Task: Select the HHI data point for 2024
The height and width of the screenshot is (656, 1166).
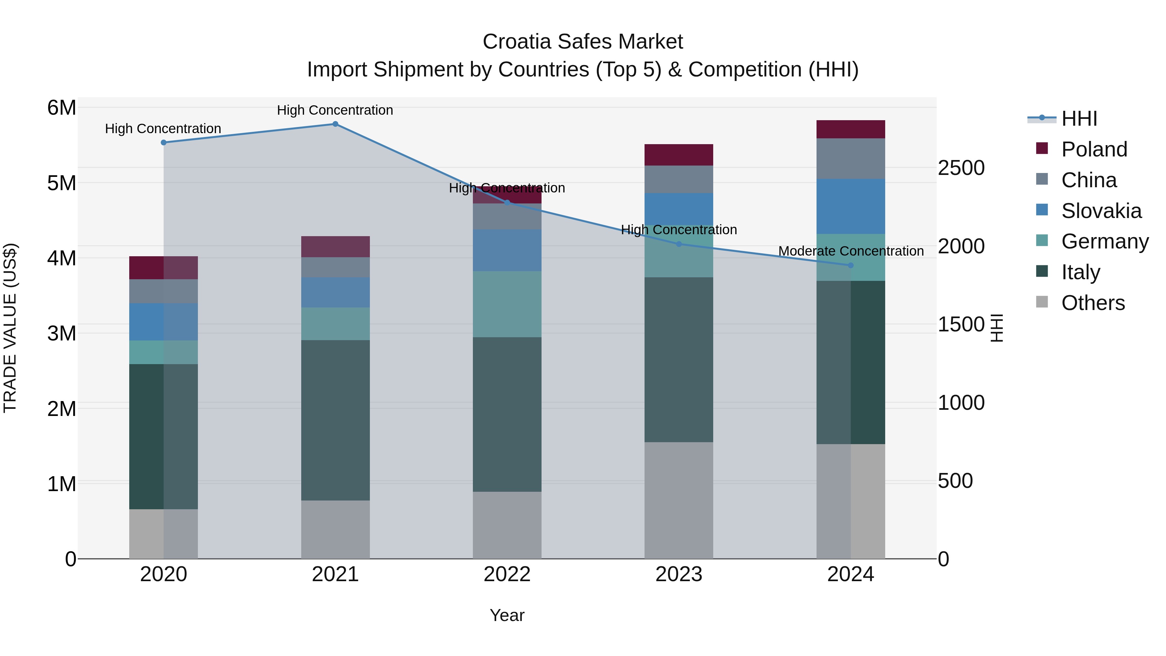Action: click(x=851, y=265)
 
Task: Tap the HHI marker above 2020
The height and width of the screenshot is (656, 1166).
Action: click(x=164, y=143)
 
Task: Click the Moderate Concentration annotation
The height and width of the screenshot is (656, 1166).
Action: click(x=851, y=251)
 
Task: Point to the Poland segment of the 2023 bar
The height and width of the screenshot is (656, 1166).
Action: click(x=679, y=155)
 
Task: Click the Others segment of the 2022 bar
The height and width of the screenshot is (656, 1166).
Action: click(x=507, y=525)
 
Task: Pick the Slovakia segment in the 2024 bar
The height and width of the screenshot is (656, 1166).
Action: click(x=851, y=206)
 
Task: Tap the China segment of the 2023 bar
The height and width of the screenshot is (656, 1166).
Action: click(x=679, y=179)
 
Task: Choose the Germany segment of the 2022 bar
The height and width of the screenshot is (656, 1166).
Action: click(x=507, y=304)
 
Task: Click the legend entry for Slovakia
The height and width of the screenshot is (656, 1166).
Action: click(x=1101, y=211)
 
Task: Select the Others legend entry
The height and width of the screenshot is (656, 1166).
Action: click(x=1093, y=303)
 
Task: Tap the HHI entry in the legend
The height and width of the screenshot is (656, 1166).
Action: click(x=1079, y=119)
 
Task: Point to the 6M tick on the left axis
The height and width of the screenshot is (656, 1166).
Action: click(x=62, y=108)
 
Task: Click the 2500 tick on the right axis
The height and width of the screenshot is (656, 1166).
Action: click(x=961, y=168)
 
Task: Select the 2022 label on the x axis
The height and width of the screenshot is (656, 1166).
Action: click(x=507, y=574)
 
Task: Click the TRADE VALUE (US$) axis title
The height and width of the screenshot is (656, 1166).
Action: click(x=10, y=328)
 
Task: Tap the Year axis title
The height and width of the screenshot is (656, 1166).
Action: click(x=507, y=615)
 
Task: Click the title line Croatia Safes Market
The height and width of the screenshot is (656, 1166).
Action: click(x=583, y=42)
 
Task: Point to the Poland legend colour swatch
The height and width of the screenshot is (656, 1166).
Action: click(x=1042, y=148)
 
